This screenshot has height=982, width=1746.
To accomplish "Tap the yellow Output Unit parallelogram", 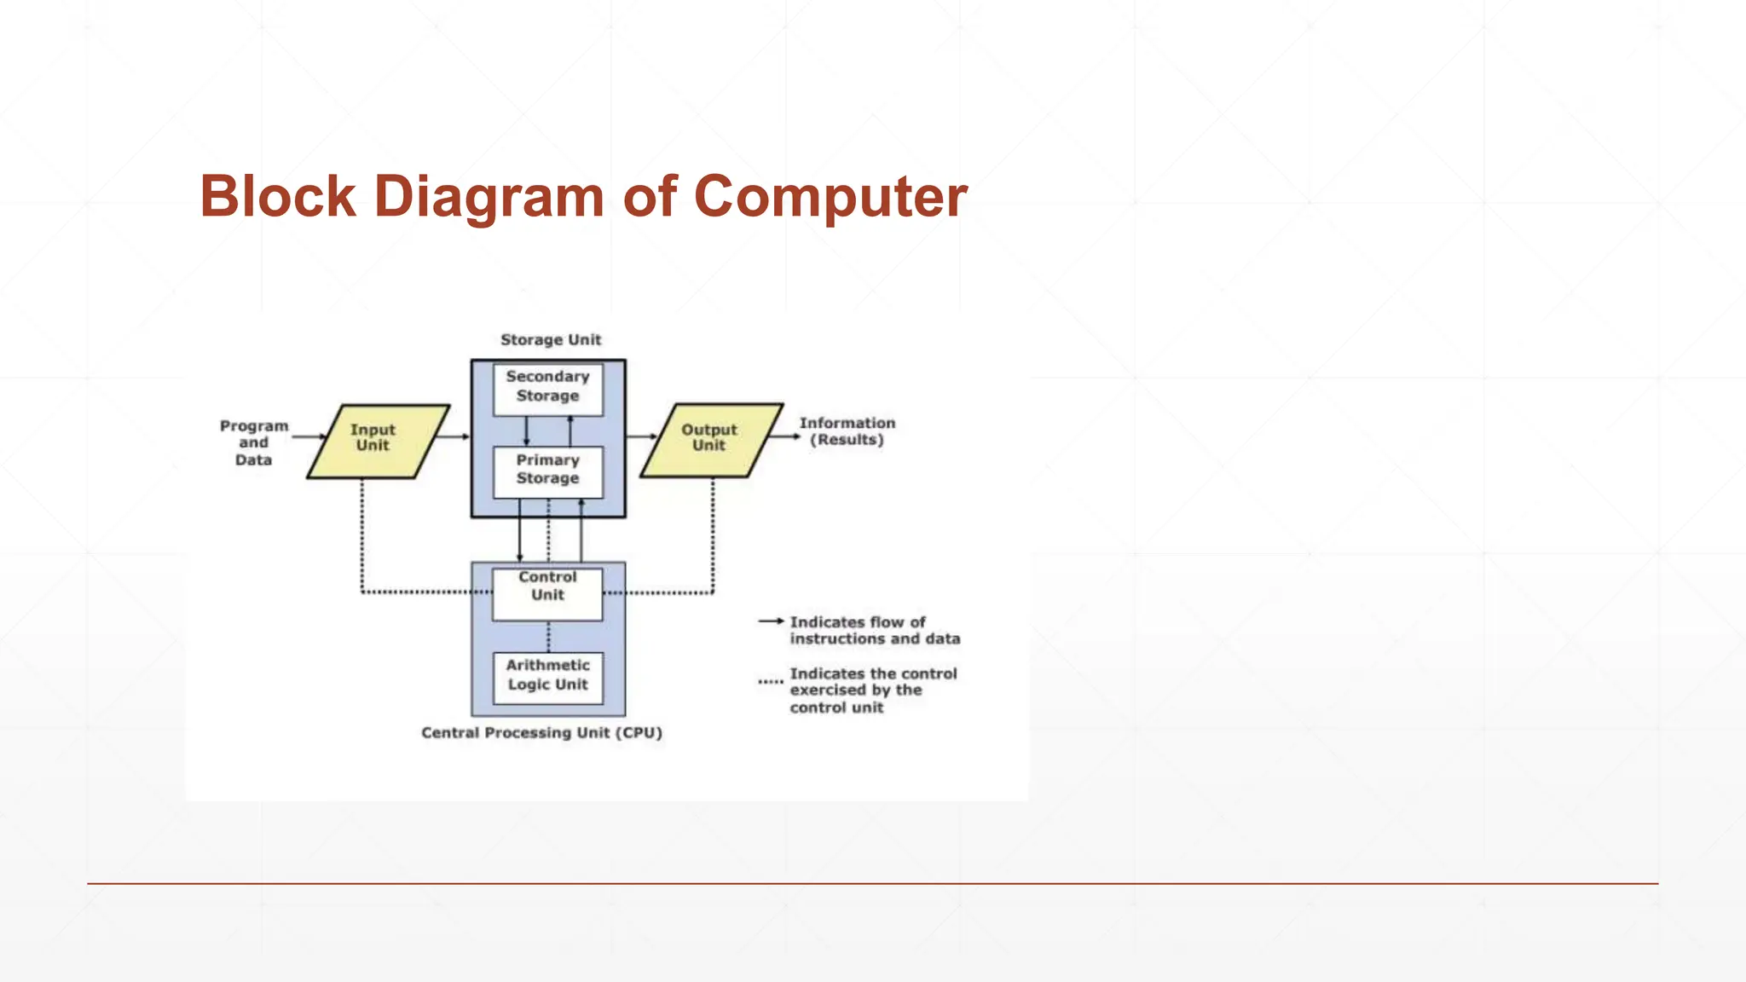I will click(711, 440).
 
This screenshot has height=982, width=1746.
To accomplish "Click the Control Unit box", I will click(547, 592).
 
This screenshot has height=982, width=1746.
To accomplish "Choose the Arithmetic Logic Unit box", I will click(547, 677).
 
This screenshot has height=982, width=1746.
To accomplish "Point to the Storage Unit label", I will click(551, 340).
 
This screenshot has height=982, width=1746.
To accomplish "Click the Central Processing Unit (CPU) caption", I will click(541, 733).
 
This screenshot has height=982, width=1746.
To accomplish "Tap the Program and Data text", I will click(254, 442).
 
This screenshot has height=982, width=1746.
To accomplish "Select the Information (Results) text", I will click(847, 431).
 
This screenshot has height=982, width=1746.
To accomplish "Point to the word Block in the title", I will click(278, 197).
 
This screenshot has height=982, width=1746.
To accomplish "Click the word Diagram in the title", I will click(489, 197).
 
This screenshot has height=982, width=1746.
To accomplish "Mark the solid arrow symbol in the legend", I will click(771, 621).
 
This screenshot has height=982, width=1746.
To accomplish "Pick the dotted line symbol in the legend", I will click(771, 682).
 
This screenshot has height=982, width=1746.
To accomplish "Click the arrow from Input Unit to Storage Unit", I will click(453, 436).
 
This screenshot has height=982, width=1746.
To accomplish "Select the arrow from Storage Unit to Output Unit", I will click(642, 436).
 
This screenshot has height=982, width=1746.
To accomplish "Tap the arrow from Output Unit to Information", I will click(785, 436).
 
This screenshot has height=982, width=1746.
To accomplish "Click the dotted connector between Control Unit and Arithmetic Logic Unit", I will click(548, 637).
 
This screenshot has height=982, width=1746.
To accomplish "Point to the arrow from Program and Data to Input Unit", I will click(309, 436).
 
